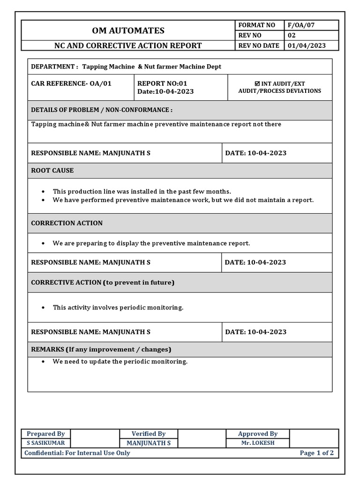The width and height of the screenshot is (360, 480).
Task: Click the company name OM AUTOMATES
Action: [x=127, y=30]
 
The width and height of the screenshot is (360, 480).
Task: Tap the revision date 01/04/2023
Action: [x=307, y=45]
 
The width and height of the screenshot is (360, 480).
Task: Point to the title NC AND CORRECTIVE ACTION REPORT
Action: [x=127, y=45]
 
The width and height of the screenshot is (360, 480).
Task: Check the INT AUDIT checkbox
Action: [x=257, y=84]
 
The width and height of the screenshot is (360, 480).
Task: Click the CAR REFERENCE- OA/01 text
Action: [x=71, y=83]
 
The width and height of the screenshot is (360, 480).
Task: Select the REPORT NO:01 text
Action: [x=162, y=83]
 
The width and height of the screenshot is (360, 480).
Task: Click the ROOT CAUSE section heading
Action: [x=52, y=170]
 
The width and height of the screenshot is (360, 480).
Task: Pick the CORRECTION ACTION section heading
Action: [x=67, y=223]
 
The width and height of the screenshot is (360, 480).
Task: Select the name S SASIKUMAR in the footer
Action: [x=46, y=443]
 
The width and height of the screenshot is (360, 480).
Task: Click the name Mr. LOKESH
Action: [x=258, y=443]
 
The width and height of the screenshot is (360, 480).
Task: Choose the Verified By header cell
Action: [x=149, y=434]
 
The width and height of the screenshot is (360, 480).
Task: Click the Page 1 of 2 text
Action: [x=317, y=453]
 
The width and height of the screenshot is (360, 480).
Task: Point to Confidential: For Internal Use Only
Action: [x=77, y=453]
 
